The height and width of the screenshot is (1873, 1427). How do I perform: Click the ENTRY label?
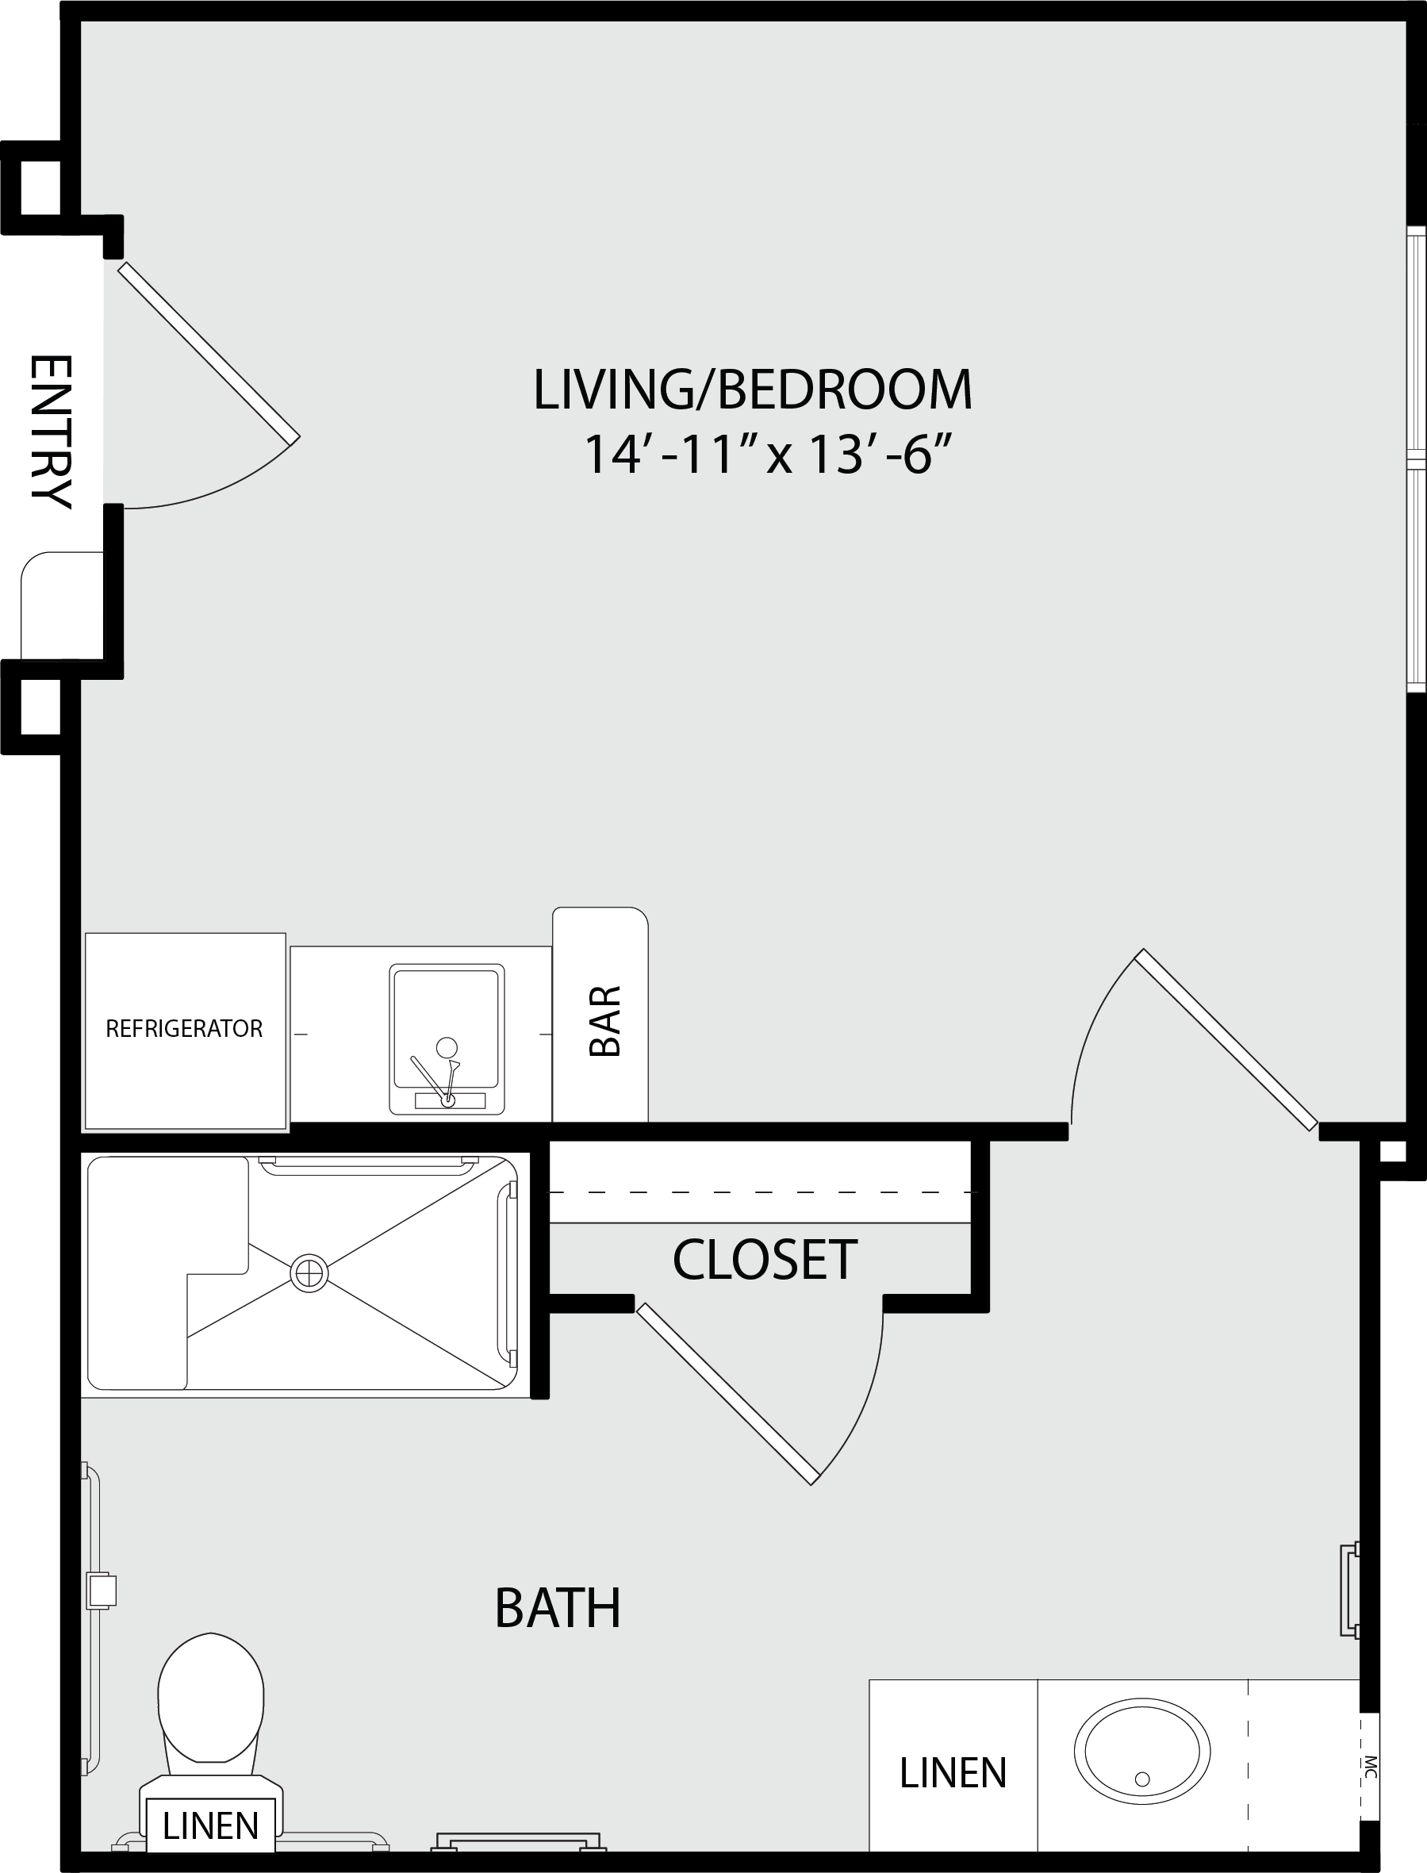pyautogui.click(x=51, y=432)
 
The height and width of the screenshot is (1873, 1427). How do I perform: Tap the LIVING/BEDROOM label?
pyautogui.click(x=753, y=390)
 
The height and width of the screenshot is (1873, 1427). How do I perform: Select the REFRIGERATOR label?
pyautogui.click(x=184, y=1029)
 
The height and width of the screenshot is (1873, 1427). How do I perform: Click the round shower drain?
pyautogui.click(x=309, y=1273)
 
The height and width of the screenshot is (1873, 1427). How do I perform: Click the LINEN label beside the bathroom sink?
pyautogui.click(x=953, y=1773)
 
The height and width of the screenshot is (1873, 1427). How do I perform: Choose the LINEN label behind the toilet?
pyautogui.click(x=211, y=1825)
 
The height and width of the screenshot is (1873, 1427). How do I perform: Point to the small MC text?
pyautogui.click(x=1368, y=1767)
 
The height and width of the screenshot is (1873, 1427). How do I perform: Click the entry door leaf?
pyautogui.click(x=209, y=352)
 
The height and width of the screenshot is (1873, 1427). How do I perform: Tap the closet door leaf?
pyautogui.click(x=728, y=1394)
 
